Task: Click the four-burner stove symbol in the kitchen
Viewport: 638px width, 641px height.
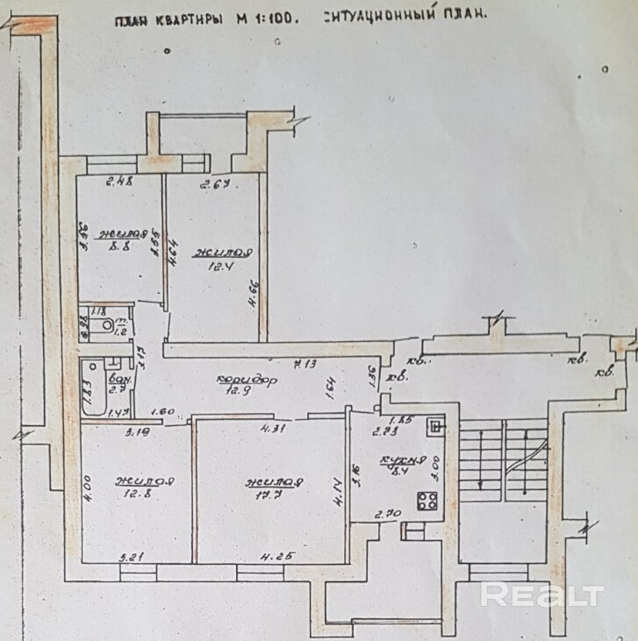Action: tap(427, 502)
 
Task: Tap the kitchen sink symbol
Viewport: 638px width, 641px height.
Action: tap(434, 426)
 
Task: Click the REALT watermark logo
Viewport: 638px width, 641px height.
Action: tap(542, 595)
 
